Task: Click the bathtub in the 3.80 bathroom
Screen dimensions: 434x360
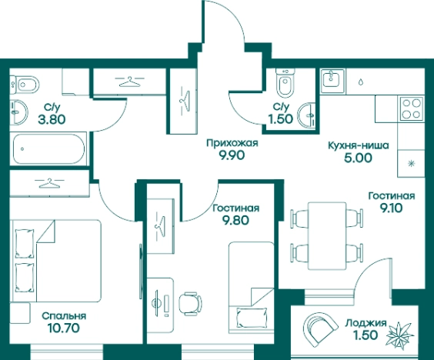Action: click(x=48, y=149)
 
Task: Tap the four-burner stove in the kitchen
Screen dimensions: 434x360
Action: click(x=412, y=108)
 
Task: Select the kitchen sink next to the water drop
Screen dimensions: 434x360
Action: click(x=332, y=81)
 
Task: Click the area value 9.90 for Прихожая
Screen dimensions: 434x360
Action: click(x=232, y=155)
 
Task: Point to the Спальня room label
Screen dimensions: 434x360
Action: click(x=64, y=315)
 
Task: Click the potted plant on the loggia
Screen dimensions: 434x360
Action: click(x=400, y=335)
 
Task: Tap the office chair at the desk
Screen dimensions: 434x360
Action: click(x=190, y=304)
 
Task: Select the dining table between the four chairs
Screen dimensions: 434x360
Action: click(x=327, y=235)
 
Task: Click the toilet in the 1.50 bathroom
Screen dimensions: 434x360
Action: click(x=285, y=84)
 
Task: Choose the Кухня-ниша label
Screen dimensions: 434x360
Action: click(x=358, y=145)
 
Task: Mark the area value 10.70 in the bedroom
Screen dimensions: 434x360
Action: click(x=64, y=328)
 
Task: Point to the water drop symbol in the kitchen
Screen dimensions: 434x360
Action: click(x=361, y=82)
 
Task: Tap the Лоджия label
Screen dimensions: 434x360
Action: click(x=366, y=322)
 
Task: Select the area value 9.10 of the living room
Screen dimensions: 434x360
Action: click(x=391, y=208)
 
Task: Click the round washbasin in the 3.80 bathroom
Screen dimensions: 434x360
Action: click(x=18, y=112)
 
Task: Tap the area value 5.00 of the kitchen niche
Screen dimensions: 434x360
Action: click(x=359, y=158)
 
